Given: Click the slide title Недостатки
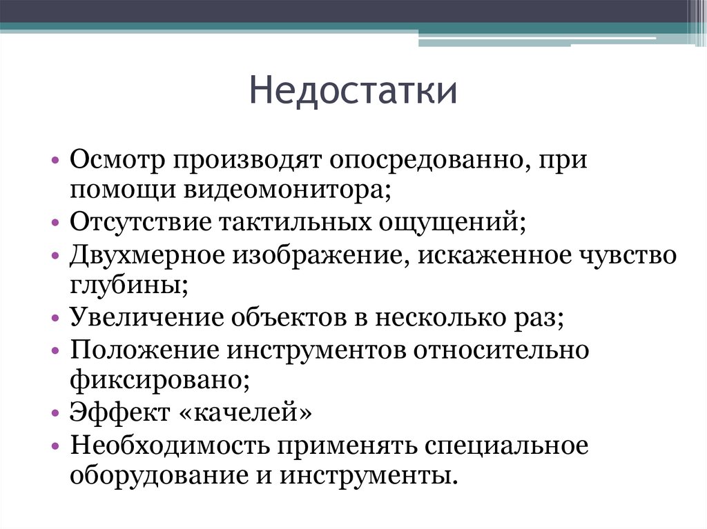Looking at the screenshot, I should click(353, 92).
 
